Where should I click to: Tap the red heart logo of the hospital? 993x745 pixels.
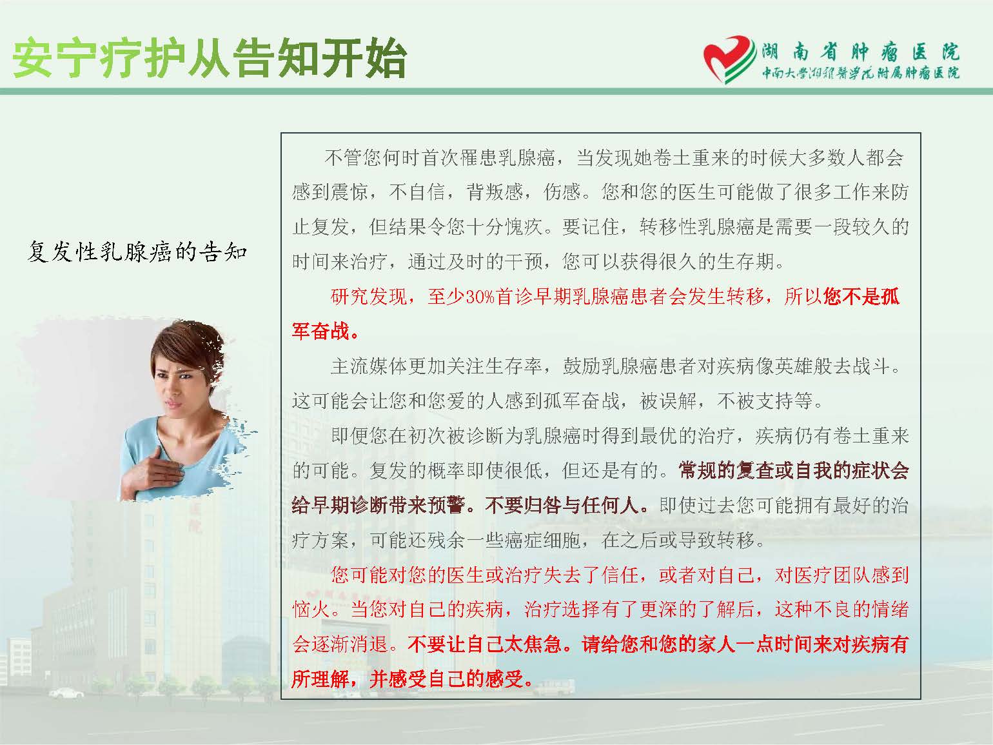coord(729,59)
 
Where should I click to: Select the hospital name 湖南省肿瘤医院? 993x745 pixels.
coord(860,52)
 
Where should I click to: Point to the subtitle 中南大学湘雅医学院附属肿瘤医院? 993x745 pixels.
coord(860,73)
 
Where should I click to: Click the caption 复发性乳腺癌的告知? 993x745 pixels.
coord(137,252)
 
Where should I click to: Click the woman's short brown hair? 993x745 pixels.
coord(190,348)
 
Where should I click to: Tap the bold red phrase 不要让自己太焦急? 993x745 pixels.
coord(484,644)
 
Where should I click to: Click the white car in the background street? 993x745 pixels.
coord(66,693)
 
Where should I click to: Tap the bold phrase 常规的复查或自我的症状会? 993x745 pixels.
coord(794,471)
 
